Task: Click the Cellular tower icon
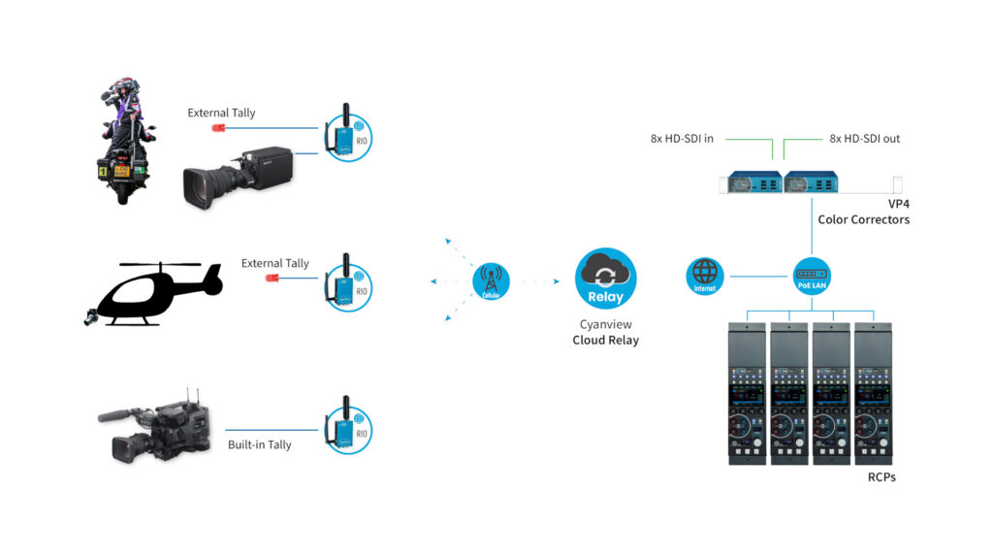491,281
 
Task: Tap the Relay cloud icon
606,279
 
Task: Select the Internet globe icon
705,277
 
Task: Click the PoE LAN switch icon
811,277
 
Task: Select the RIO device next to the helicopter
347,282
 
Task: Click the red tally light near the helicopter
272,279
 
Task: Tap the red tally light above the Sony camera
218,127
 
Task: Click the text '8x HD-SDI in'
682,139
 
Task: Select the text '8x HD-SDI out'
865,139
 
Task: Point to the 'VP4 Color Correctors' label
863,213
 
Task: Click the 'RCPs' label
881,477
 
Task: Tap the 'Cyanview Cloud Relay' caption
605,333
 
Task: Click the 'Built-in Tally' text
260,444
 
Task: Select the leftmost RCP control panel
748,392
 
